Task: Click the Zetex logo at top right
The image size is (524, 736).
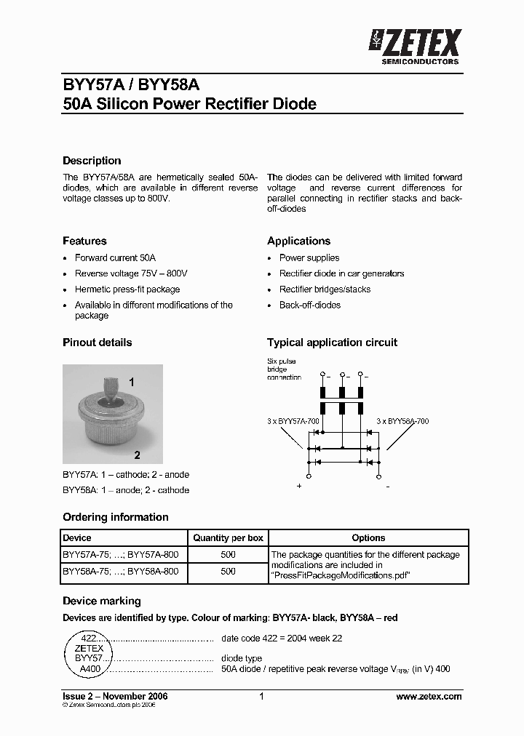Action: click(415, 45)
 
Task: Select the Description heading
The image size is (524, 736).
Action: click(92, 161)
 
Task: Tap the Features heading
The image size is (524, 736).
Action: click(84, 241)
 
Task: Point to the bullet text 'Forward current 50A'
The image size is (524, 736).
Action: click(115, 257)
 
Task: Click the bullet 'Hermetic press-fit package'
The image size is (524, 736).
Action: click(127, 289)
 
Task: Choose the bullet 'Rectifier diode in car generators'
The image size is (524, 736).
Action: click(341, 273)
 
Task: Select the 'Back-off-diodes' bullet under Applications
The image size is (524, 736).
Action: click(310, 305)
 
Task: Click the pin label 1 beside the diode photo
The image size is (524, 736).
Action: click(132, 382)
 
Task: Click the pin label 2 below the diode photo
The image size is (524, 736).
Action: click(137, 455)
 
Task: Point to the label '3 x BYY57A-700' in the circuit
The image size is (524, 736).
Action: click(293, 421)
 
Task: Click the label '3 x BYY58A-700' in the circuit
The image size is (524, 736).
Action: click(402, 421)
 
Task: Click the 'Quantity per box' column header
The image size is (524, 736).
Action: click(228, 538)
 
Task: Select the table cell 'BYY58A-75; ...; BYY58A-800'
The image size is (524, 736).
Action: click(121, 572)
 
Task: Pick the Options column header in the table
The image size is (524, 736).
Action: click(368, 538)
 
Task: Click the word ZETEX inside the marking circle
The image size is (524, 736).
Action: click(89, 648)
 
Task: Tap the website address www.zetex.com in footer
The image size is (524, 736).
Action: click(429, 696)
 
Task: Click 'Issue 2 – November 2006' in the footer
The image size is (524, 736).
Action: click(115, 696)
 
